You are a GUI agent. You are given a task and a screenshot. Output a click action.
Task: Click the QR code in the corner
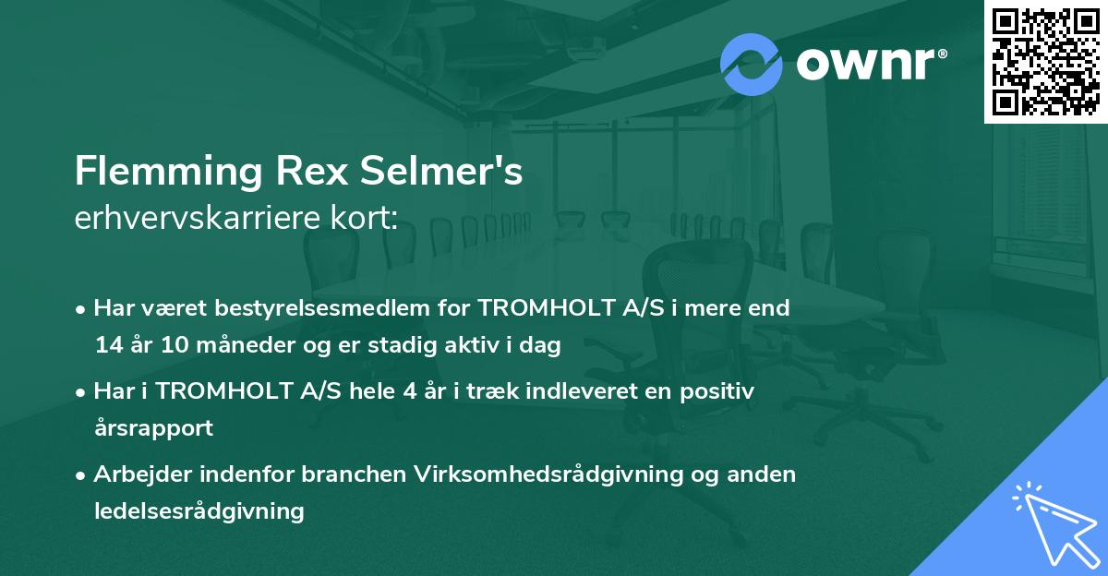coord(1045,62)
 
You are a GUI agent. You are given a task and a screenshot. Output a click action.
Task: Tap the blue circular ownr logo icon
coord(751,64)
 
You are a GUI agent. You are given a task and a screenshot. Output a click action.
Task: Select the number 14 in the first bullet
coord(106,346)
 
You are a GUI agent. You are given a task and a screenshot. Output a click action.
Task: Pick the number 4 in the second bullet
coord(409,391)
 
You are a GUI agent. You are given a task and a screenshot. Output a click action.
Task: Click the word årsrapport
coord(153,428)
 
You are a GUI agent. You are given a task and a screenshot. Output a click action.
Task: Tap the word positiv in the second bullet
coord(718,391)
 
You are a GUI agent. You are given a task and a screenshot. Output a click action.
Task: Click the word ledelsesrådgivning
coord(199,510)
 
